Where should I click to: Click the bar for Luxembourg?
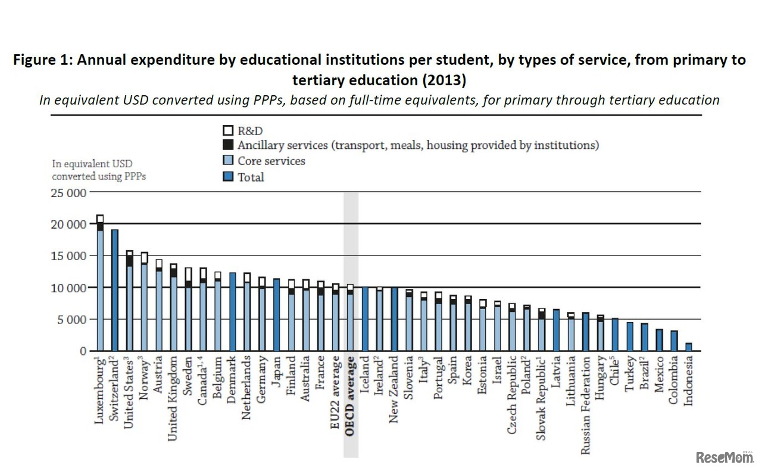click(x=100, y=286)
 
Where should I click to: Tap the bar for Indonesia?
click(x=689, y=347)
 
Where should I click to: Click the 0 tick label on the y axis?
click(x=83, y=351)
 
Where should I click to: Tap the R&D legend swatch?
click(x=227, y=130)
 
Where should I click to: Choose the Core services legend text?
click(x=271, y=161)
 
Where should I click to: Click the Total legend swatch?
click(x=227, y=177)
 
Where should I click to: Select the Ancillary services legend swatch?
click(x=227, y=145)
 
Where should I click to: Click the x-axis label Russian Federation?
click(x=586, y=406)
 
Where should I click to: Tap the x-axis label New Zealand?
click(x=394, y=390)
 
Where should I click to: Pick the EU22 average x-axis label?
click(x=336, y=394)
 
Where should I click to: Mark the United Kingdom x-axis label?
click(x=173, y=399)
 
